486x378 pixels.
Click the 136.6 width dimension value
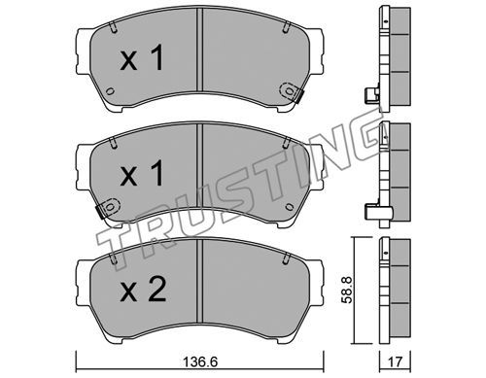click(201, 361)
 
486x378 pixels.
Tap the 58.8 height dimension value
click(347, 290)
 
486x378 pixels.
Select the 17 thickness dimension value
click(395, 361)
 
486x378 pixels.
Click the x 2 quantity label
click(143, 290)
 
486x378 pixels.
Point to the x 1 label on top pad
click(142, 58)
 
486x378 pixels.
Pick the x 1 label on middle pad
click(142, 173)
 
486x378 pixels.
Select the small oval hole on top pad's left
click(110, 91)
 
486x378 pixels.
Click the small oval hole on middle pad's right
click(290, 207)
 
